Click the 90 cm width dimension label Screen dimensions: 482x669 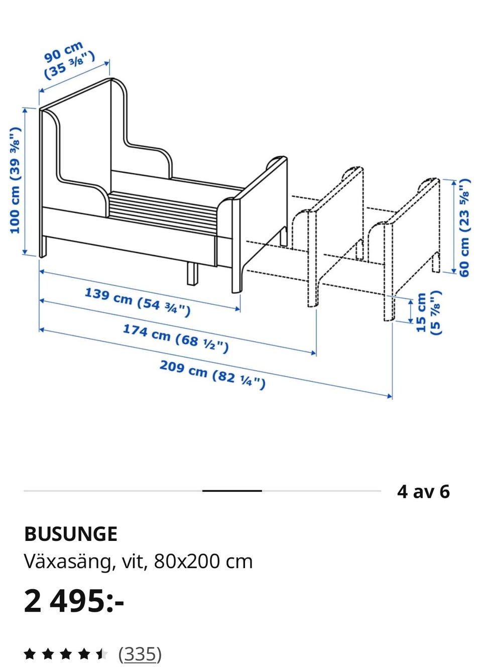[x=70, y=61]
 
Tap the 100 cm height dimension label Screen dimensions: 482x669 [x=16, y=180]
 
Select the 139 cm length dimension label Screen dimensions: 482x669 [x=138, y=302]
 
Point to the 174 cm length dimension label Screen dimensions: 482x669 [x=176, y=339]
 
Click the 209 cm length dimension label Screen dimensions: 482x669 [x=212, y=375]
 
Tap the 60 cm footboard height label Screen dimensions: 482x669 [x=465, y=228]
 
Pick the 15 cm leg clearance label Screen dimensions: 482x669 [x=429, y=312]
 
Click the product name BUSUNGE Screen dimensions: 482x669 [x=71, y=534]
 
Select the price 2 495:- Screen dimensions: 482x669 [x=74, y=601]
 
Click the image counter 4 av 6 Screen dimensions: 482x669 [x=423, y=491]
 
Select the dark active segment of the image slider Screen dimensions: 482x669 [x=232, y=491]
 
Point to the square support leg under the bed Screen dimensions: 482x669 [x=193, y=274]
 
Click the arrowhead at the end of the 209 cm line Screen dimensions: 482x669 [x=390, y=396]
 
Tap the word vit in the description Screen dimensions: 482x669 [x=134, y=562]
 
